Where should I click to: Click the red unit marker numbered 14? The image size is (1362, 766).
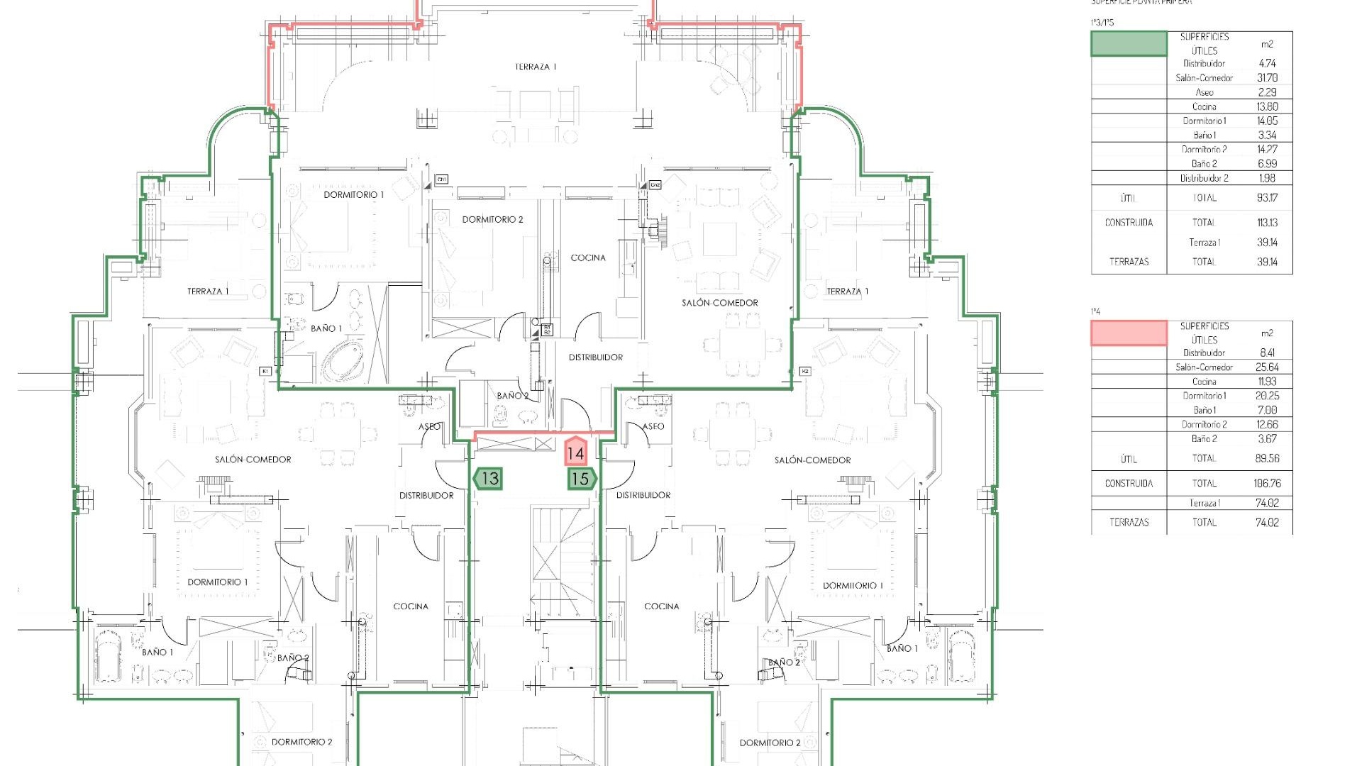click(575, 452)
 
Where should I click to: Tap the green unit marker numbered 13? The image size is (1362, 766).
click(489, 479)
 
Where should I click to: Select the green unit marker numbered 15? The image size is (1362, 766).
click(581, 479)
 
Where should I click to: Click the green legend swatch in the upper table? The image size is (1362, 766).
click(1128, 44)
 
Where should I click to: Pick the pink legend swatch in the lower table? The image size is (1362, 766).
click(1128, 333)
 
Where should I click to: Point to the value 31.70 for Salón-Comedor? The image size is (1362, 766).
click(1267, 78)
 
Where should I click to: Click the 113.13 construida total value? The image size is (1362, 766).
click(1267, 223)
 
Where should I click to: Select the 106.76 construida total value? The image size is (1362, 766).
click(1267, 484)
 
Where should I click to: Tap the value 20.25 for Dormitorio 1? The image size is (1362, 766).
click(1267, 396)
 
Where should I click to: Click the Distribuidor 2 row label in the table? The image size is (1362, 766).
click(1204, 178)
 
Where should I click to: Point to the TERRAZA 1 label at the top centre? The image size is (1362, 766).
click(536, 67)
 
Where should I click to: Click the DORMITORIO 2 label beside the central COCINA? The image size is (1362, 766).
click(492, 220)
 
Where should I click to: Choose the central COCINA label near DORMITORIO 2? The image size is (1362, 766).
click(588, 257)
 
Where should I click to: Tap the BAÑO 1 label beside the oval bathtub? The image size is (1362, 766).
click(326, 328)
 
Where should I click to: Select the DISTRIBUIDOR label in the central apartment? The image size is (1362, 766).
click(595, 357)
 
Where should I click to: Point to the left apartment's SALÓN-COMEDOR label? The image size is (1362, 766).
click(253, 460)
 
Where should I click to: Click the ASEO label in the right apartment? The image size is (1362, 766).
click(653, 426)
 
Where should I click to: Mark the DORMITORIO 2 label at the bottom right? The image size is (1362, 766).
click(770, 743)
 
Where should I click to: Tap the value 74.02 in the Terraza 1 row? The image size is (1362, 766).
click(1267, 503)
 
